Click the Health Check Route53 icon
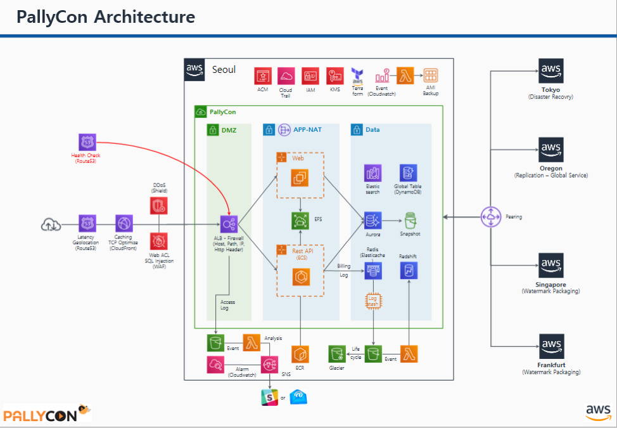87,143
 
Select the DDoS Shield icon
158,205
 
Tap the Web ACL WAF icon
158,241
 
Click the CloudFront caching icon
124,224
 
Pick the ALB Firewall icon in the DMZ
229,223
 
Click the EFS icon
299,220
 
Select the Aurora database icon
372,221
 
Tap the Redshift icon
409,271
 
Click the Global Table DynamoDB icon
409,172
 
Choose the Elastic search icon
372,172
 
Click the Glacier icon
336,354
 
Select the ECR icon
299,354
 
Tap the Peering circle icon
491,216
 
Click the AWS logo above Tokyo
550,70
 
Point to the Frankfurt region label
550,365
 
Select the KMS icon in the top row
335,76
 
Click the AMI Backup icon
431,76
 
